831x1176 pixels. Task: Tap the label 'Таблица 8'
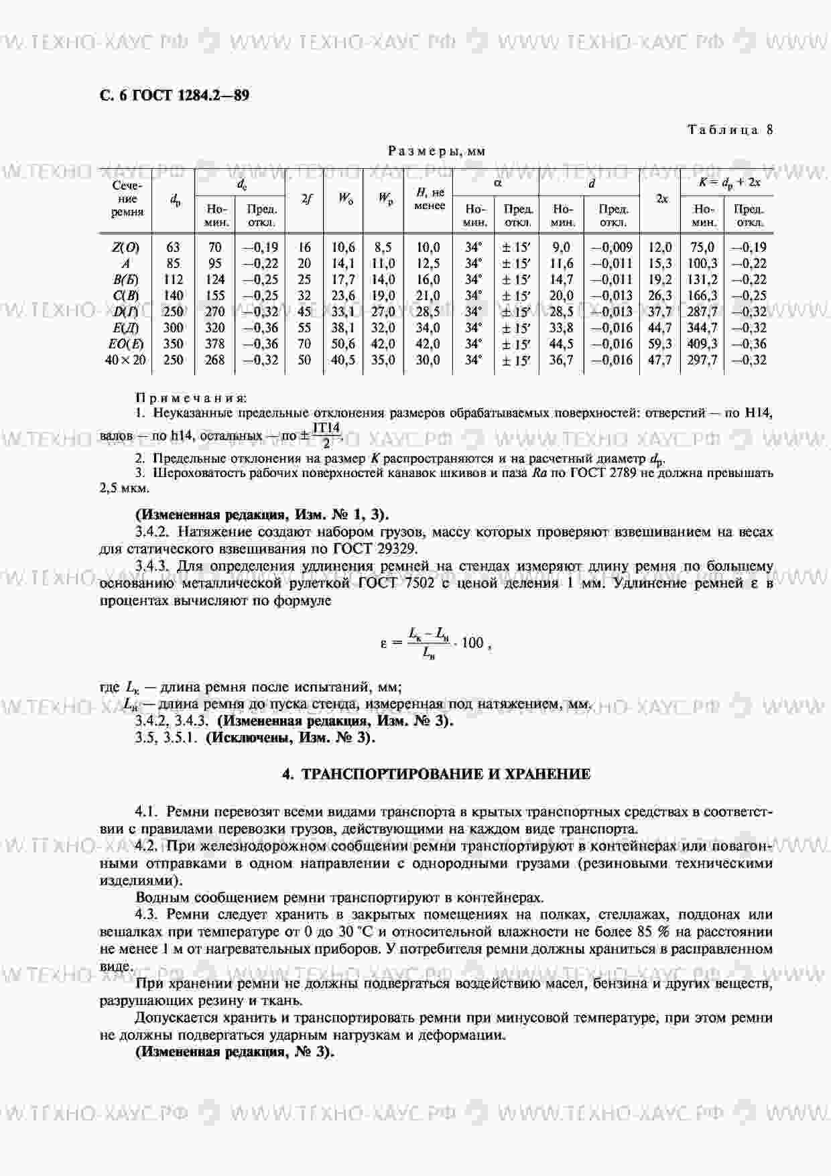pos(730,130)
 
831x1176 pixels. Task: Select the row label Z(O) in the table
pos(125,248)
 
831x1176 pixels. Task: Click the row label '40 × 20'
pos(125,361)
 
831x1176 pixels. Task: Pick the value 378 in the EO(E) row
pos(214,344)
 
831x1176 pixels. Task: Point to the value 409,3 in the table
pos(702,344)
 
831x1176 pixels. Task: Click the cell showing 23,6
pos(343,296)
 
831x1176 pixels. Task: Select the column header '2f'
pos(305,199)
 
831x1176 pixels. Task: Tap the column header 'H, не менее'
pos(429,199)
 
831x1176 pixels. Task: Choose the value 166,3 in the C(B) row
pos(702,296)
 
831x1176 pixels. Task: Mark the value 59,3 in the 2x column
pos(660,344)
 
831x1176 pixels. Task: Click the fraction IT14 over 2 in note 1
pos(326,436)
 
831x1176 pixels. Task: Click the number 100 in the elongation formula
pos(472,643)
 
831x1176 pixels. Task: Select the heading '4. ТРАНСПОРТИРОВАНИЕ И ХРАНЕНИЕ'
pos(436,775)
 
